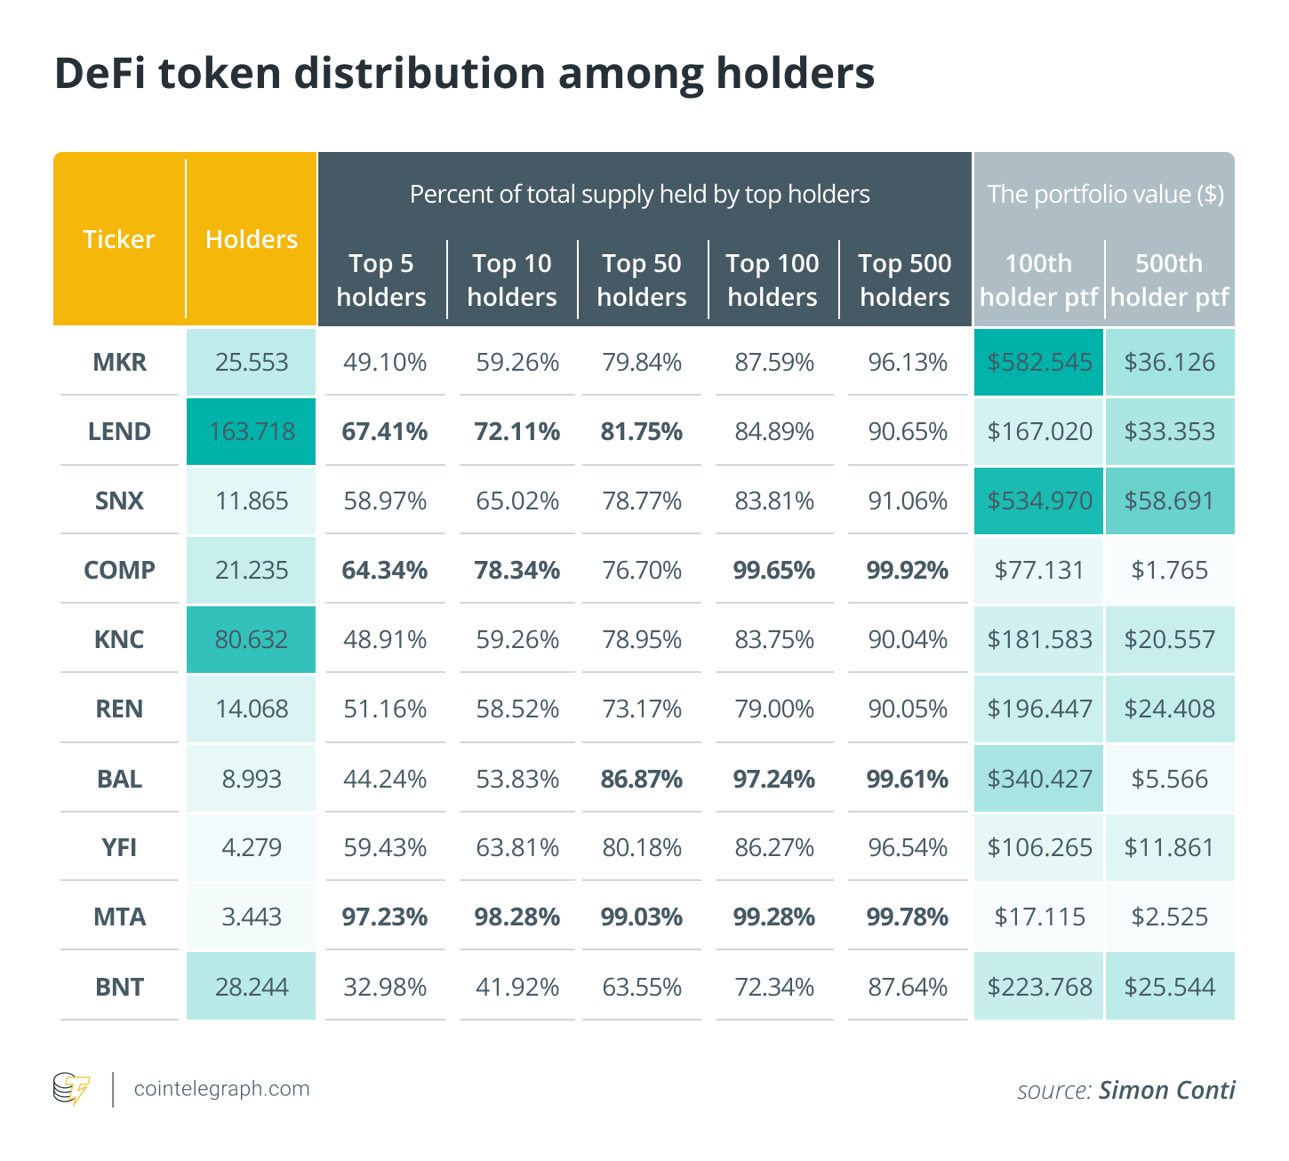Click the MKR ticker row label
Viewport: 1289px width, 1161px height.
[x=119, y=363]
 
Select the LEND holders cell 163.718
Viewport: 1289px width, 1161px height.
[x=252, y=431]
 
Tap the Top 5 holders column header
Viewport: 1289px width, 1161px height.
[x=381, y=280]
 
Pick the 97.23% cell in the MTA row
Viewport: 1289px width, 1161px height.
[x=384, y=917]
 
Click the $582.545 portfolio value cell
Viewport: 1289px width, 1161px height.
[x=1039, y=363]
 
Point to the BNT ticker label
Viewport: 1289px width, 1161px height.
[x=119, y=987]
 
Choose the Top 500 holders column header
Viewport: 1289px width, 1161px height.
[x=905, y=280]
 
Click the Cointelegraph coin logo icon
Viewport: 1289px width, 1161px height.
[x=72, y=1089]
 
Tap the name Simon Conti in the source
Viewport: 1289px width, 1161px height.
[x=1167, y=1090]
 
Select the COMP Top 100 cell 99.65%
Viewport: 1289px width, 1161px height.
[x=773, y=570]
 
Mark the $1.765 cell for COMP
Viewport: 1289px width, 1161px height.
[x=1170, y=570]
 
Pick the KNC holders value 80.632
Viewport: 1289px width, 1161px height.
[x=252, y=640]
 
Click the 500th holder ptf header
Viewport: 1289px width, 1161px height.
[x=1170, y=280]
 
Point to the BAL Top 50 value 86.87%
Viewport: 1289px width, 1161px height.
[x=641, y=779]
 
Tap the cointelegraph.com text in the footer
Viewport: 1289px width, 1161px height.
[x=221, y=1089]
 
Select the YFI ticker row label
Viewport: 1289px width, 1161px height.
[x=119, y=848]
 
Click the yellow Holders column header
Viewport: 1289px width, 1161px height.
[x=252, y=239]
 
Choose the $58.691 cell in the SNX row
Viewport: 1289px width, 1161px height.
[x=1170, y=500]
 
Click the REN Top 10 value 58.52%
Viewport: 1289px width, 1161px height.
[x=517, y=709]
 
